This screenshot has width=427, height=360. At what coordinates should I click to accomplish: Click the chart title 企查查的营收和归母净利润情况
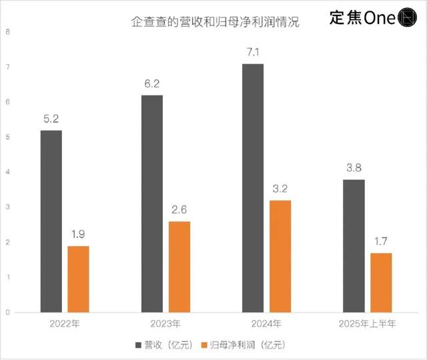214,22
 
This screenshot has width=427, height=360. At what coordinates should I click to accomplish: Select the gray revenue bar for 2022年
51,221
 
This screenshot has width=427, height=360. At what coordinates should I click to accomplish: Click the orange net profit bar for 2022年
79,279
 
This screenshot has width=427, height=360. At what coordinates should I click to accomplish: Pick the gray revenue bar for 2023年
152,204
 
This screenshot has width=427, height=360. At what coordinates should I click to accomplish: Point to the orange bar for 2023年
179,266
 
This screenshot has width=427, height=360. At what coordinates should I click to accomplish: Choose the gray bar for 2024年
253,188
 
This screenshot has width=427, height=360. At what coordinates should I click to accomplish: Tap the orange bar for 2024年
280,256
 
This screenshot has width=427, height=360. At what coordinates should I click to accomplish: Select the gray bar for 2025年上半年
354,246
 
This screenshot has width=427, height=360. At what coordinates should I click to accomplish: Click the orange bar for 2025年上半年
381,283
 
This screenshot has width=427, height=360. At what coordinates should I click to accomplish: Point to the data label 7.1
253,51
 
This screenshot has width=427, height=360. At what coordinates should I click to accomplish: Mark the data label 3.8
354,167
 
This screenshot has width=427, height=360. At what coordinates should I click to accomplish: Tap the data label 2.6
179,208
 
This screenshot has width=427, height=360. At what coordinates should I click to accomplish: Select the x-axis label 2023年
165,324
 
